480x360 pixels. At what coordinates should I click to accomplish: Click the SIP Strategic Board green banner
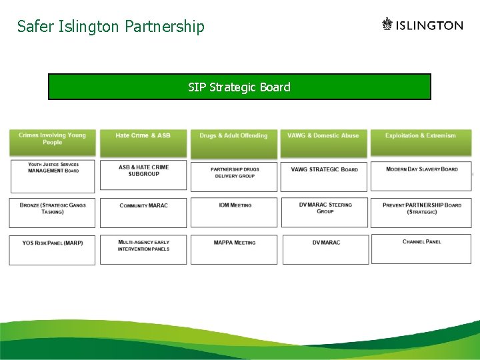(x=239, y=87)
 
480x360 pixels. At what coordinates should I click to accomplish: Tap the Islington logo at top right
(x=422, y=25)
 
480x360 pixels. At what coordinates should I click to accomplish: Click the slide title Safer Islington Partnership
(x=111, y=27)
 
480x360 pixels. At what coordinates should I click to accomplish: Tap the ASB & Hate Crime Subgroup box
(x=143, y=175)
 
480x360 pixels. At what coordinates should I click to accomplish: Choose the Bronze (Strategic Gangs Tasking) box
(x=53, y=212)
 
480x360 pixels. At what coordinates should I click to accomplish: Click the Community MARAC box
(x=143, y=212)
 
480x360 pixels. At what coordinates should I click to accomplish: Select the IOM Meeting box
(x=234, y=212)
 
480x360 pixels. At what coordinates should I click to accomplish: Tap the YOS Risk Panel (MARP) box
(x=53, y=249)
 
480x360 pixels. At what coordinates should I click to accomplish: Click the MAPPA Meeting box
(x=234, y=249)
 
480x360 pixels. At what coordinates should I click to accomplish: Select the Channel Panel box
(x=421, y=249)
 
